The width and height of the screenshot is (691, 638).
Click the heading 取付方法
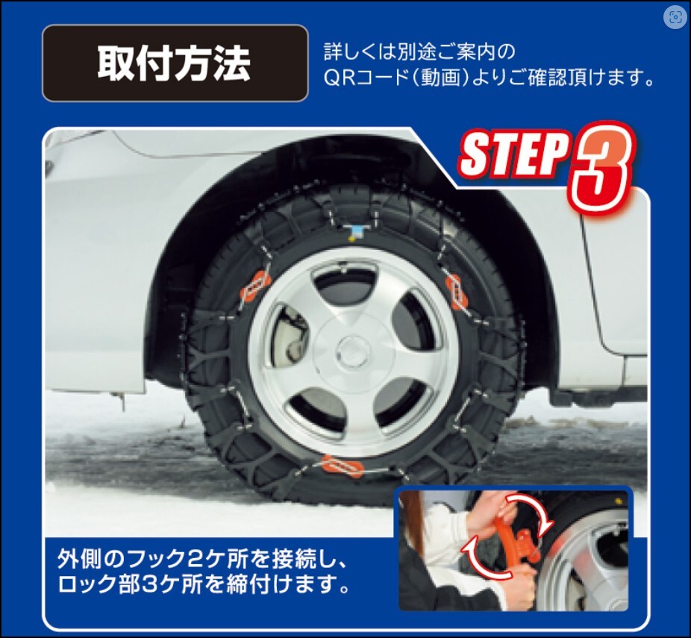point(174,63)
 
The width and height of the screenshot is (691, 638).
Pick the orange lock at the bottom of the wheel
point(343,466)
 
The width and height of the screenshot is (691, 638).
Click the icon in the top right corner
point(675,17)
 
